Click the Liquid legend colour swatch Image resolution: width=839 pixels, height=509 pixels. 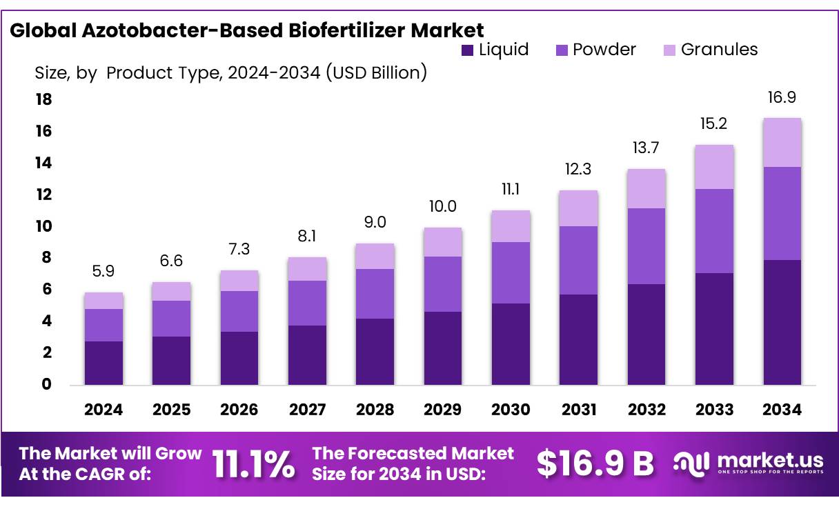click(467, 50)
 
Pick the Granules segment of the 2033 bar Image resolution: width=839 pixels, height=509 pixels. click(714, 167)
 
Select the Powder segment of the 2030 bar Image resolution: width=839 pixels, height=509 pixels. click(511, 272)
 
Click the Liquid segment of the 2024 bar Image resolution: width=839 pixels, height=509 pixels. click(103, 363)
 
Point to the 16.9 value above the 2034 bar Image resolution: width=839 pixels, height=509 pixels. click(782, 97)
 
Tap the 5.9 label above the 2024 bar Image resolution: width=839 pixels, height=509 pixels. click(103, 272)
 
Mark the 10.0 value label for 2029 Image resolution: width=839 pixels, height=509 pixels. click(442, 206)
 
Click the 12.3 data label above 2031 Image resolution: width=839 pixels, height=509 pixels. click(578, 170)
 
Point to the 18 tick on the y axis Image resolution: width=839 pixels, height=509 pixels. click(43, 100)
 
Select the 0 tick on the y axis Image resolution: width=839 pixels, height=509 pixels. click(47, 384)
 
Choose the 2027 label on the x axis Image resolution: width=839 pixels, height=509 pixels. click(307, 410)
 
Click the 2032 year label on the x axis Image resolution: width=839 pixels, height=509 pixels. click(646, 410)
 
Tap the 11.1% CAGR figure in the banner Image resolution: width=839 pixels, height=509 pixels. click(253, 464)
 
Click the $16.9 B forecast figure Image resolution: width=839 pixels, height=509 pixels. click(595, 464)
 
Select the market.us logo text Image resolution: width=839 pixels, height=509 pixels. click(770, 460)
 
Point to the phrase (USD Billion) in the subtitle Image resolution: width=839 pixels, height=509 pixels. click(377, 72)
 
